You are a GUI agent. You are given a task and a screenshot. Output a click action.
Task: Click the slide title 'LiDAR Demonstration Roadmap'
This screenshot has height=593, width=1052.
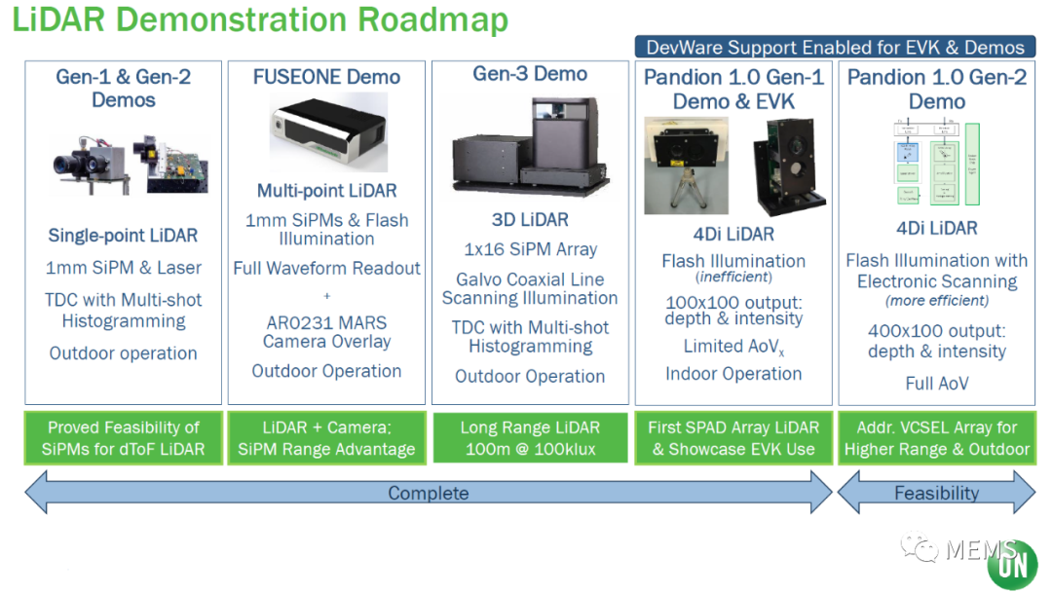pos(260,20)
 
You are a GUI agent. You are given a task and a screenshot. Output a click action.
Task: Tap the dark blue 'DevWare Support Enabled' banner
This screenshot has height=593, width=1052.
pos(835,47)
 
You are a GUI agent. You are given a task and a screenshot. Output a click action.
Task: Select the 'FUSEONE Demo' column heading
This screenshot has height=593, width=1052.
pos(326,77)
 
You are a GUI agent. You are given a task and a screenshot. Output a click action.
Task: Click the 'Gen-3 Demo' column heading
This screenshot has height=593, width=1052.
pos(530,74)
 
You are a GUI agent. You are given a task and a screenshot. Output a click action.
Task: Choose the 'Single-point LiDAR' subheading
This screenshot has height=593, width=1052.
pos(123,236)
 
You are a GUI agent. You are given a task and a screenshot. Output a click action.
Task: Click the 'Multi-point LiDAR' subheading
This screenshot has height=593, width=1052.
pos(326,191)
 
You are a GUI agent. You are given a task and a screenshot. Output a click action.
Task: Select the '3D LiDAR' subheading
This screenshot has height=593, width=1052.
pos(530,220)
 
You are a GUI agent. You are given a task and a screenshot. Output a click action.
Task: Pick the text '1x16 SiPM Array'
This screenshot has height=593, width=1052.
pos(530,249)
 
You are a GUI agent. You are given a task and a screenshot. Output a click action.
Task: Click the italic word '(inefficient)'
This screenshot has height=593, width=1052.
pos(733,278)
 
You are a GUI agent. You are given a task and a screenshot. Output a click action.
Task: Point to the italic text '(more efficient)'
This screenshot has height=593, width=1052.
pos(937,301)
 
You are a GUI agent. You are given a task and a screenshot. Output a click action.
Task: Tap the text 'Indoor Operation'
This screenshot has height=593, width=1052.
pos(733,374)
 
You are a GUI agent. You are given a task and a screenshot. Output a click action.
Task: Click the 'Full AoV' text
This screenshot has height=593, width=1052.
pos(937,383)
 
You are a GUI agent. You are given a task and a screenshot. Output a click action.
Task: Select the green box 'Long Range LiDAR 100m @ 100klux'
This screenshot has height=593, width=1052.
pos(530,437)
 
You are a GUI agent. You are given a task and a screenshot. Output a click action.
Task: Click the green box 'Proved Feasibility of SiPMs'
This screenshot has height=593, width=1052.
pos(123,437)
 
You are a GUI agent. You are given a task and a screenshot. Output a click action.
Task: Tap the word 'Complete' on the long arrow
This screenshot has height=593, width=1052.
pos(429,493)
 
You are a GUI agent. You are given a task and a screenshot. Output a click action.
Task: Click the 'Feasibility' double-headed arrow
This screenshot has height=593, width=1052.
pos(937,493)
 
